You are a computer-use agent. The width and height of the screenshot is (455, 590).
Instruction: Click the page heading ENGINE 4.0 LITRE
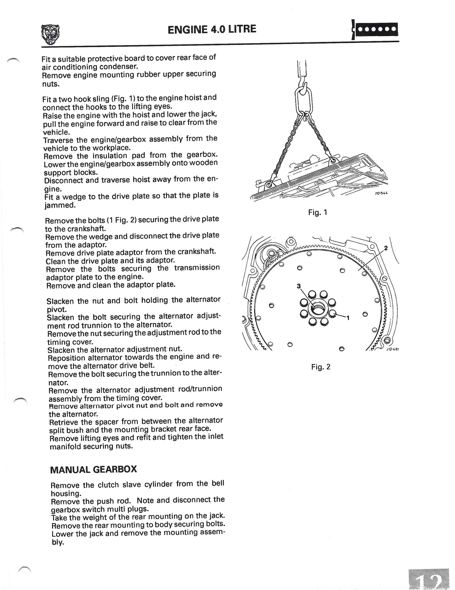pyautogui.click(x=212, y=29)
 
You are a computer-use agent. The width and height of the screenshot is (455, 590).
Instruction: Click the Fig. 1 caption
pyautogui.click(x=318, y=212)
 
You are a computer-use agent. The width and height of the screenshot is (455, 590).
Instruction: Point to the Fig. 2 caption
pyautogui.click(x=321, y=367)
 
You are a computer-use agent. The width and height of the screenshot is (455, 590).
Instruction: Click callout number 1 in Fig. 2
pyautogui.click(x=348, y=318)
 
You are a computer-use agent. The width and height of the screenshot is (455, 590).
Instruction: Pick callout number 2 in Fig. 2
pyautogui.click(x=386, y=248)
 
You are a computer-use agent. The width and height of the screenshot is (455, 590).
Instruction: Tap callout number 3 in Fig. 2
pyautogui.click(x=298, y=286)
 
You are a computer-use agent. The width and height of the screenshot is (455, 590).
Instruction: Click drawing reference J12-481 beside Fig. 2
pyautogui.click(x=392, y=349)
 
